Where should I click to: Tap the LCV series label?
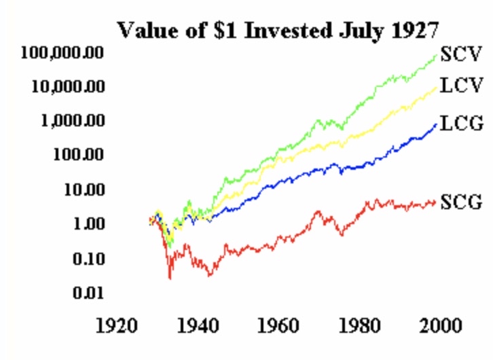(x=461, y=86)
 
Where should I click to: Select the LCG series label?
(x=461, y=123)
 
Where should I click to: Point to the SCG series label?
(x=461, y=202)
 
